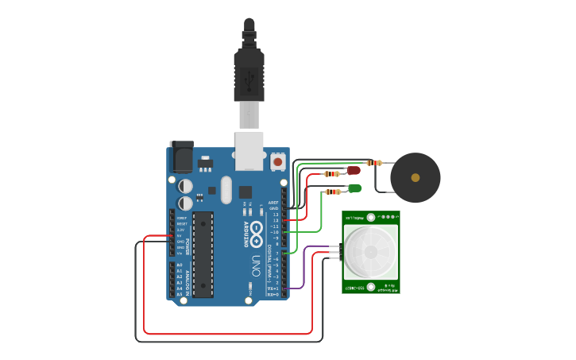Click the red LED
tap(354, 170)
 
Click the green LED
tap(354, 188)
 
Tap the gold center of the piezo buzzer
tap(415, 176)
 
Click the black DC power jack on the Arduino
tap(181, 156)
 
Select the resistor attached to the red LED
tap(331, 172)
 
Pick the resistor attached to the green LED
tap(332, 191)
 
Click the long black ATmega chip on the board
tap(203, 254)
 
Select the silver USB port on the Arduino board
tap(249, 150)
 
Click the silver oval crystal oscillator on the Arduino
tap(226, 190)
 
